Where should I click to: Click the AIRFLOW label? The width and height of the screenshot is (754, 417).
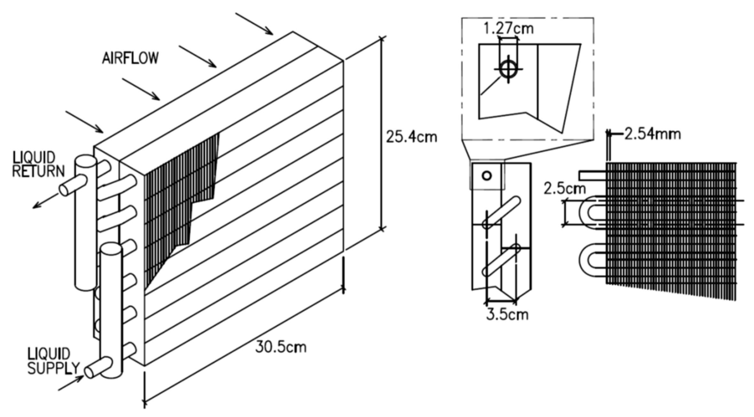pyautogui.click(x=130, y=58)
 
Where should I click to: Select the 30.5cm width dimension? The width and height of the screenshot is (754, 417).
pyautogui.click(x=280, y=347)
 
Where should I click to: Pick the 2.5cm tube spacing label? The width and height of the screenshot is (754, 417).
pyautogui.click(x=565, y=189)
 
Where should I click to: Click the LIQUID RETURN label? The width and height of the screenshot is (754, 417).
pyautogui.click(x=38, y=165)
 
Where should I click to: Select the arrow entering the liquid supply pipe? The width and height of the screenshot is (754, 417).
pyautogui.click(x=70, y=383)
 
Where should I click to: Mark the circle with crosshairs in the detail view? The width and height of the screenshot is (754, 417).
pyautogui.click(x=508, y=69)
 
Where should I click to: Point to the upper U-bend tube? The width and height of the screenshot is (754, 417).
pyautogui.click(x=592, y=213)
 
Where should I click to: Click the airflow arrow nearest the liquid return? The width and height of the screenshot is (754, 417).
pyautogui.click(x=84, y=122)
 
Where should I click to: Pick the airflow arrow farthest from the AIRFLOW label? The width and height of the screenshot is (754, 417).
pyautogui.click(x=254, y=23)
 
